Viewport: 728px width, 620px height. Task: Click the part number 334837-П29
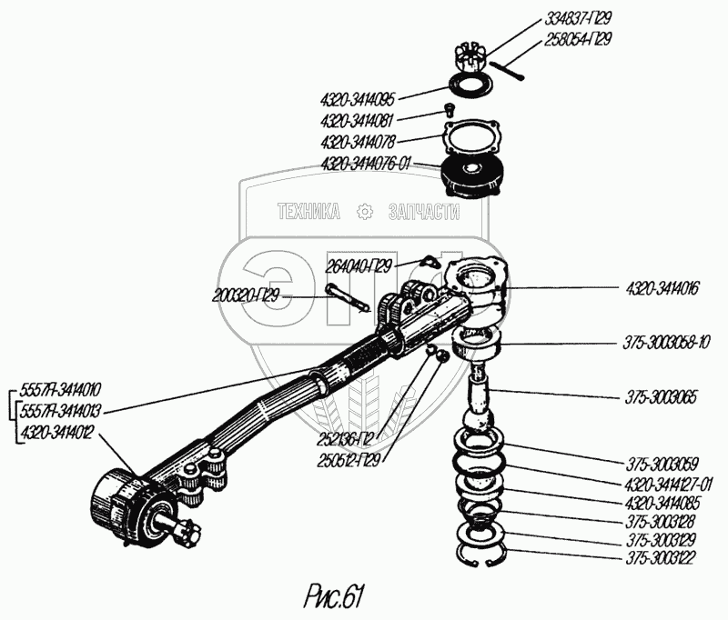578,18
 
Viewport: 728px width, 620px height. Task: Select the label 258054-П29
578,39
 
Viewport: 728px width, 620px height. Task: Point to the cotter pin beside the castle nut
507,71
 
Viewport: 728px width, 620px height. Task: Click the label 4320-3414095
358,99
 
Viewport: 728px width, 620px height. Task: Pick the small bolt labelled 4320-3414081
449,110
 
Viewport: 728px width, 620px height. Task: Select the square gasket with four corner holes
471,139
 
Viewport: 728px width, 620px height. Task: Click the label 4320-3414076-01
366,164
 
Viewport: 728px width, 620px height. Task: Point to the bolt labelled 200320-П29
348,297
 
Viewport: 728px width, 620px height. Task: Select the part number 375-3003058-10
666,343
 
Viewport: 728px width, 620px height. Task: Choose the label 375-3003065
660,397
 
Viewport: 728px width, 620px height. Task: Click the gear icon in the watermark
365,212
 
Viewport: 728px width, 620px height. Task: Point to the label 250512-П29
349,460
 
